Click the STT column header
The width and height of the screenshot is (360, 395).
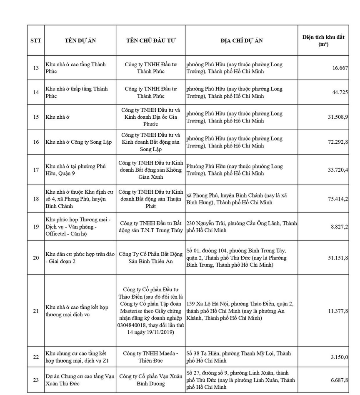35,40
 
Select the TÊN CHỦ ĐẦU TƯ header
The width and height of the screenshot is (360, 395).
151,40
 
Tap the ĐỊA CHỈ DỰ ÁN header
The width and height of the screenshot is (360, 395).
241,40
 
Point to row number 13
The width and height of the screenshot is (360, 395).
35,68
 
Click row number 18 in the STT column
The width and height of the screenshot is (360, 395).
35,199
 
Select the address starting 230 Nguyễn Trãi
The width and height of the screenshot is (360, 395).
241,227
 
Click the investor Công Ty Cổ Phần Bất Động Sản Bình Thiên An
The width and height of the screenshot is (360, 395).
151,257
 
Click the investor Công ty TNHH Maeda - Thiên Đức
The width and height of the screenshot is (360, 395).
151,357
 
